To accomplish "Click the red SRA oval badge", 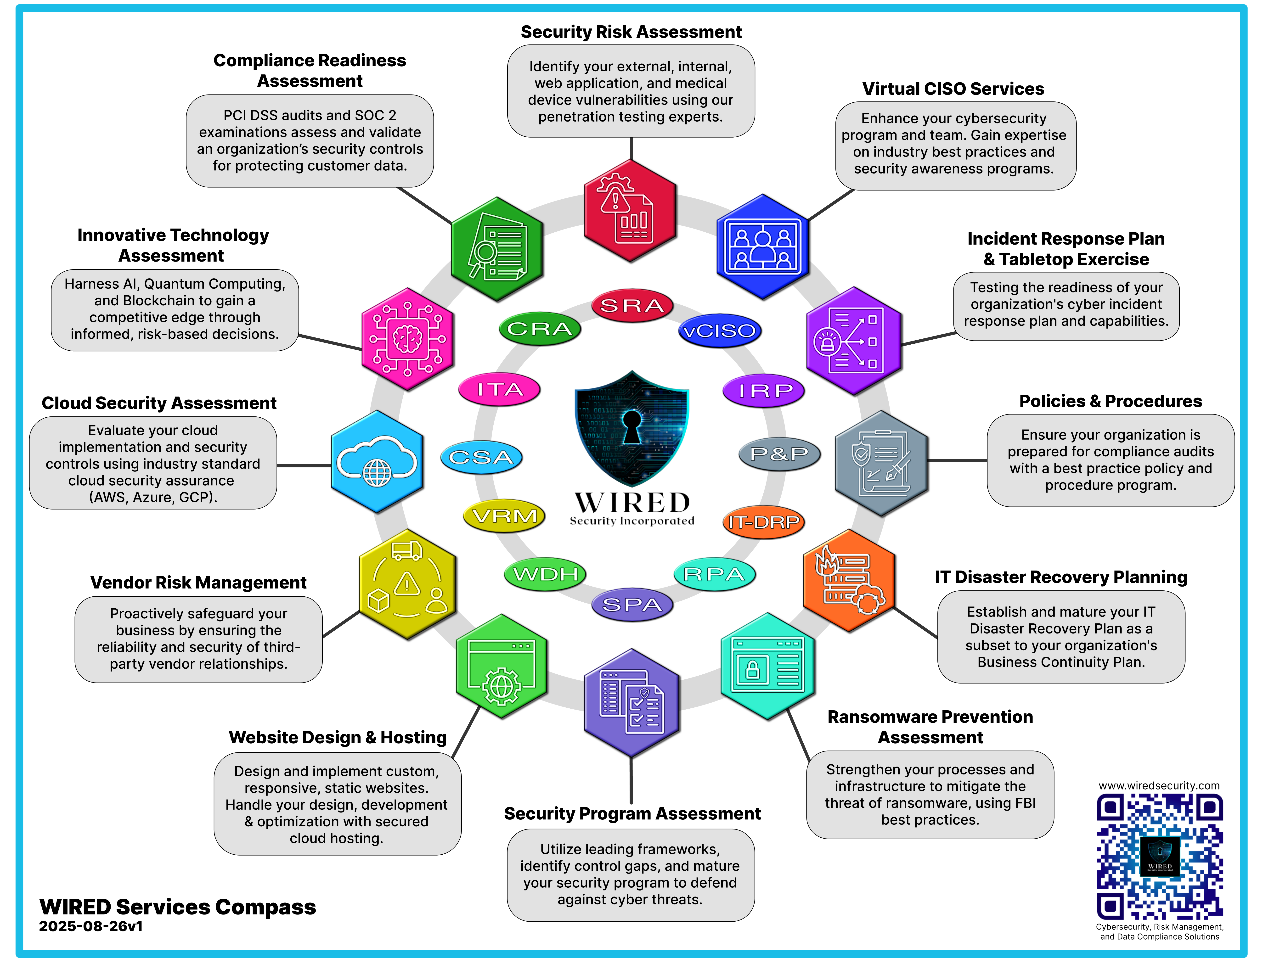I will tap(632, 305).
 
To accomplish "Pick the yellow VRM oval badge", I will tap(504, 515).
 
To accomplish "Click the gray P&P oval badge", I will tap(779, 454).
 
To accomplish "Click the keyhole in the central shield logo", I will tap(631, 425).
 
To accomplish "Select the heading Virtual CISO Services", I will tap(953, 89).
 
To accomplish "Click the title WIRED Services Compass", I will tap(178, 907).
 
